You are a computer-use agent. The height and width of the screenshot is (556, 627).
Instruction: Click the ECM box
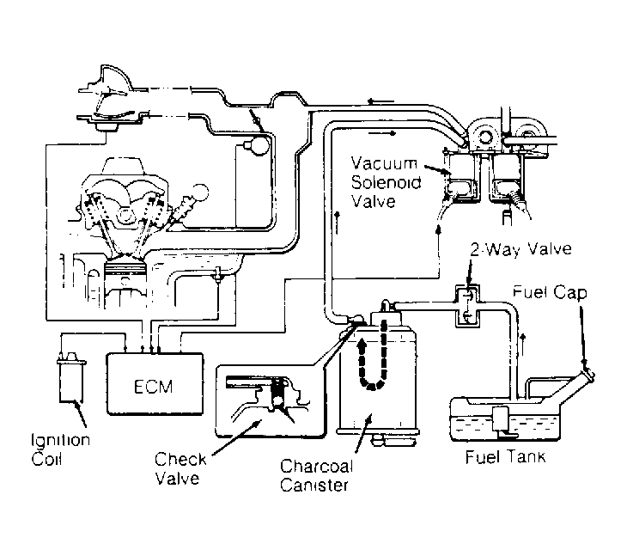(153, 384)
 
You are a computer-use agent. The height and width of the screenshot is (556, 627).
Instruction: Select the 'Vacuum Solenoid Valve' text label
(386, 182)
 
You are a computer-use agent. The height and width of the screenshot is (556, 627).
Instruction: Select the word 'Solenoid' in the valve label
(386, 182)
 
